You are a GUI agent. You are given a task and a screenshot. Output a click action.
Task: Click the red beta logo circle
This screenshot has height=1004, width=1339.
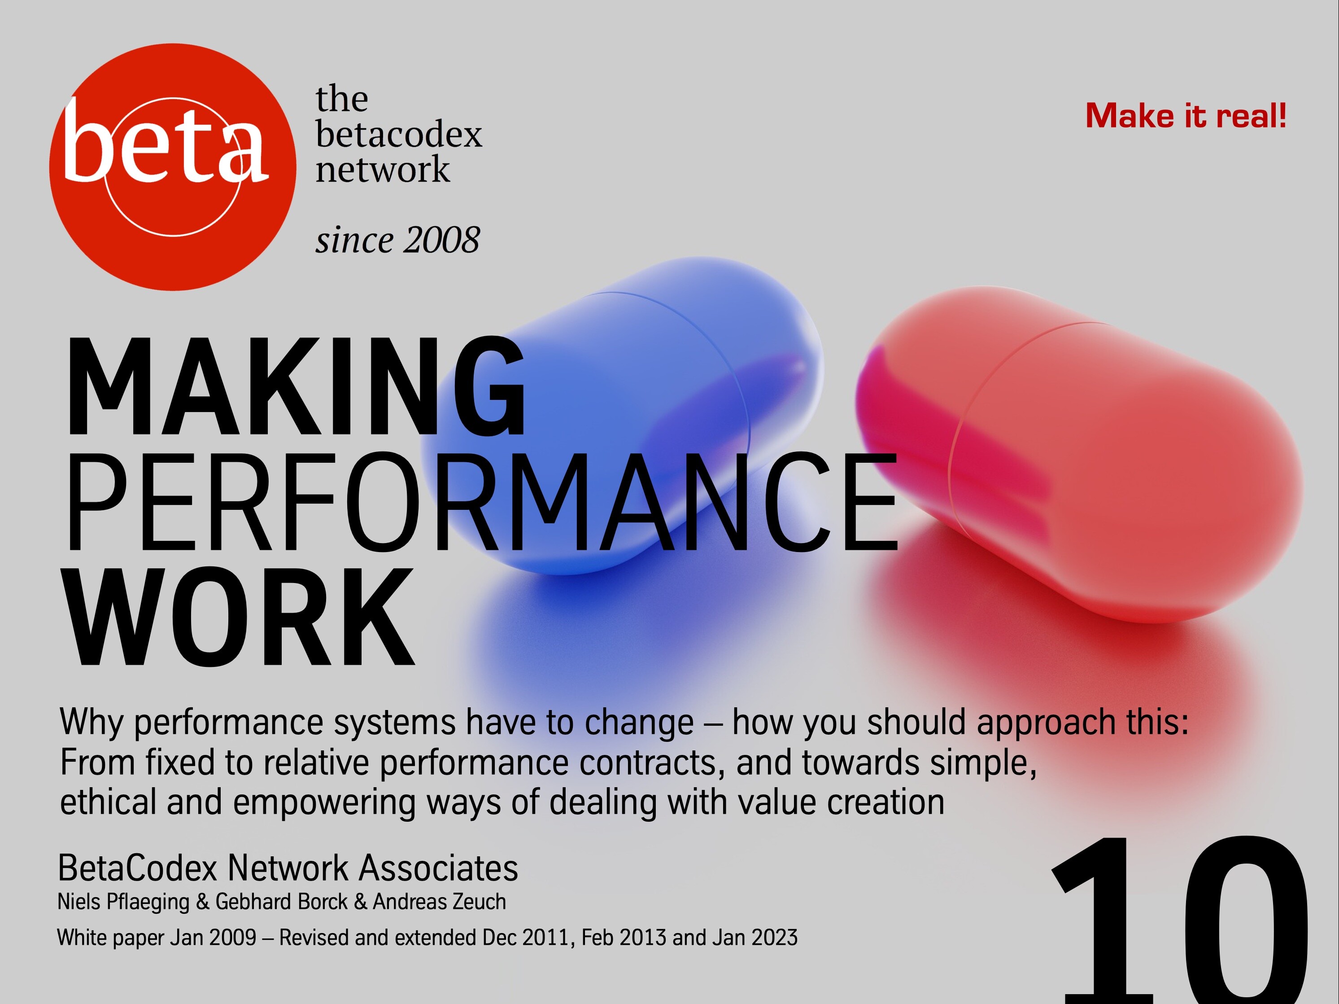173,167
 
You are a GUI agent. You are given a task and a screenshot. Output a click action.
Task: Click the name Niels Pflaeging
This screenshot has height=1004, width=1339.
123,902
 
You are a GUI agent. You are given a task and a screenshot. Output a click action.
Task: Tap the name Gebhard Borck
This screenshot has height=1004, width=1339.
281,902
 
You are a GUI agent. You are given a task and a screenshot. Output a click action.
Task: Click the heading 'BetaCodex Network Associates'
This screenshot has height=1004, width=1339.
288,868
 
